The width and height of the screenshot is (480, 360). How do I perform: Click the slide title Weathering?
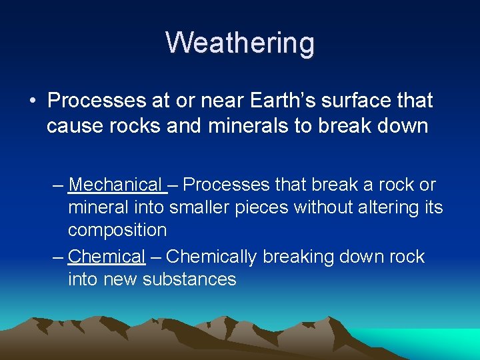240,43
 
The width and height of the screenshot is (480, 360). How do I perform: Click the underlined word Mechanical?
115,185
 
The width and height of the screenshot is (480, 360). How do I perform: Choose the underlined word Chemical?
106,257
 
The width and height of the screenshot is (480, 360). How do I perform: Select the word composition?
117,230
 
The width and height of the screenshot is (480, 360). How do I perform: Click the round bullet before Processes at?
32,101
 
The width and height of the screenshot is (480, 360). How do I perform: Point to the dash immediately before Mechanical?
57,185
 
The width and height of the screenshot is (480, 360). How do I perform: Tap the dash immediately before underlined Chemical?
57,257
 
